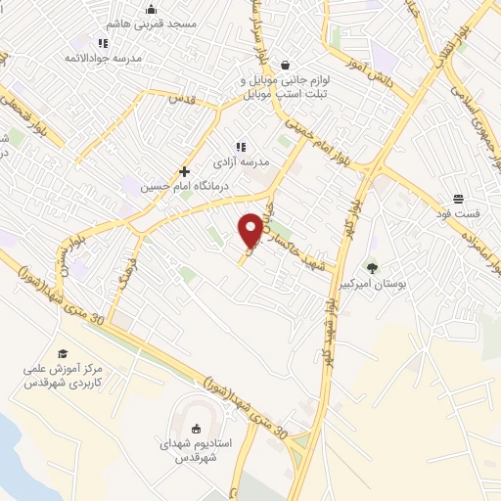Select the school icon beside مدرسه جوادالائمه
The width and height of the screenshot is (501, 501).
(104, 43)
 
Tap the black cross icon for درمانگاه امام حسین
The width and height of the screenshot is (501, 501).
(183, 170)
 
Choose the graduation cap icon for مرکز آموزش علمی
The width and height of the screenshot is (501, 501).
(63, 353)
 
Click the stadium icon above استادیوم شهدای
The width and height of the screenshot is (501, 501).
(196, 428)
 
